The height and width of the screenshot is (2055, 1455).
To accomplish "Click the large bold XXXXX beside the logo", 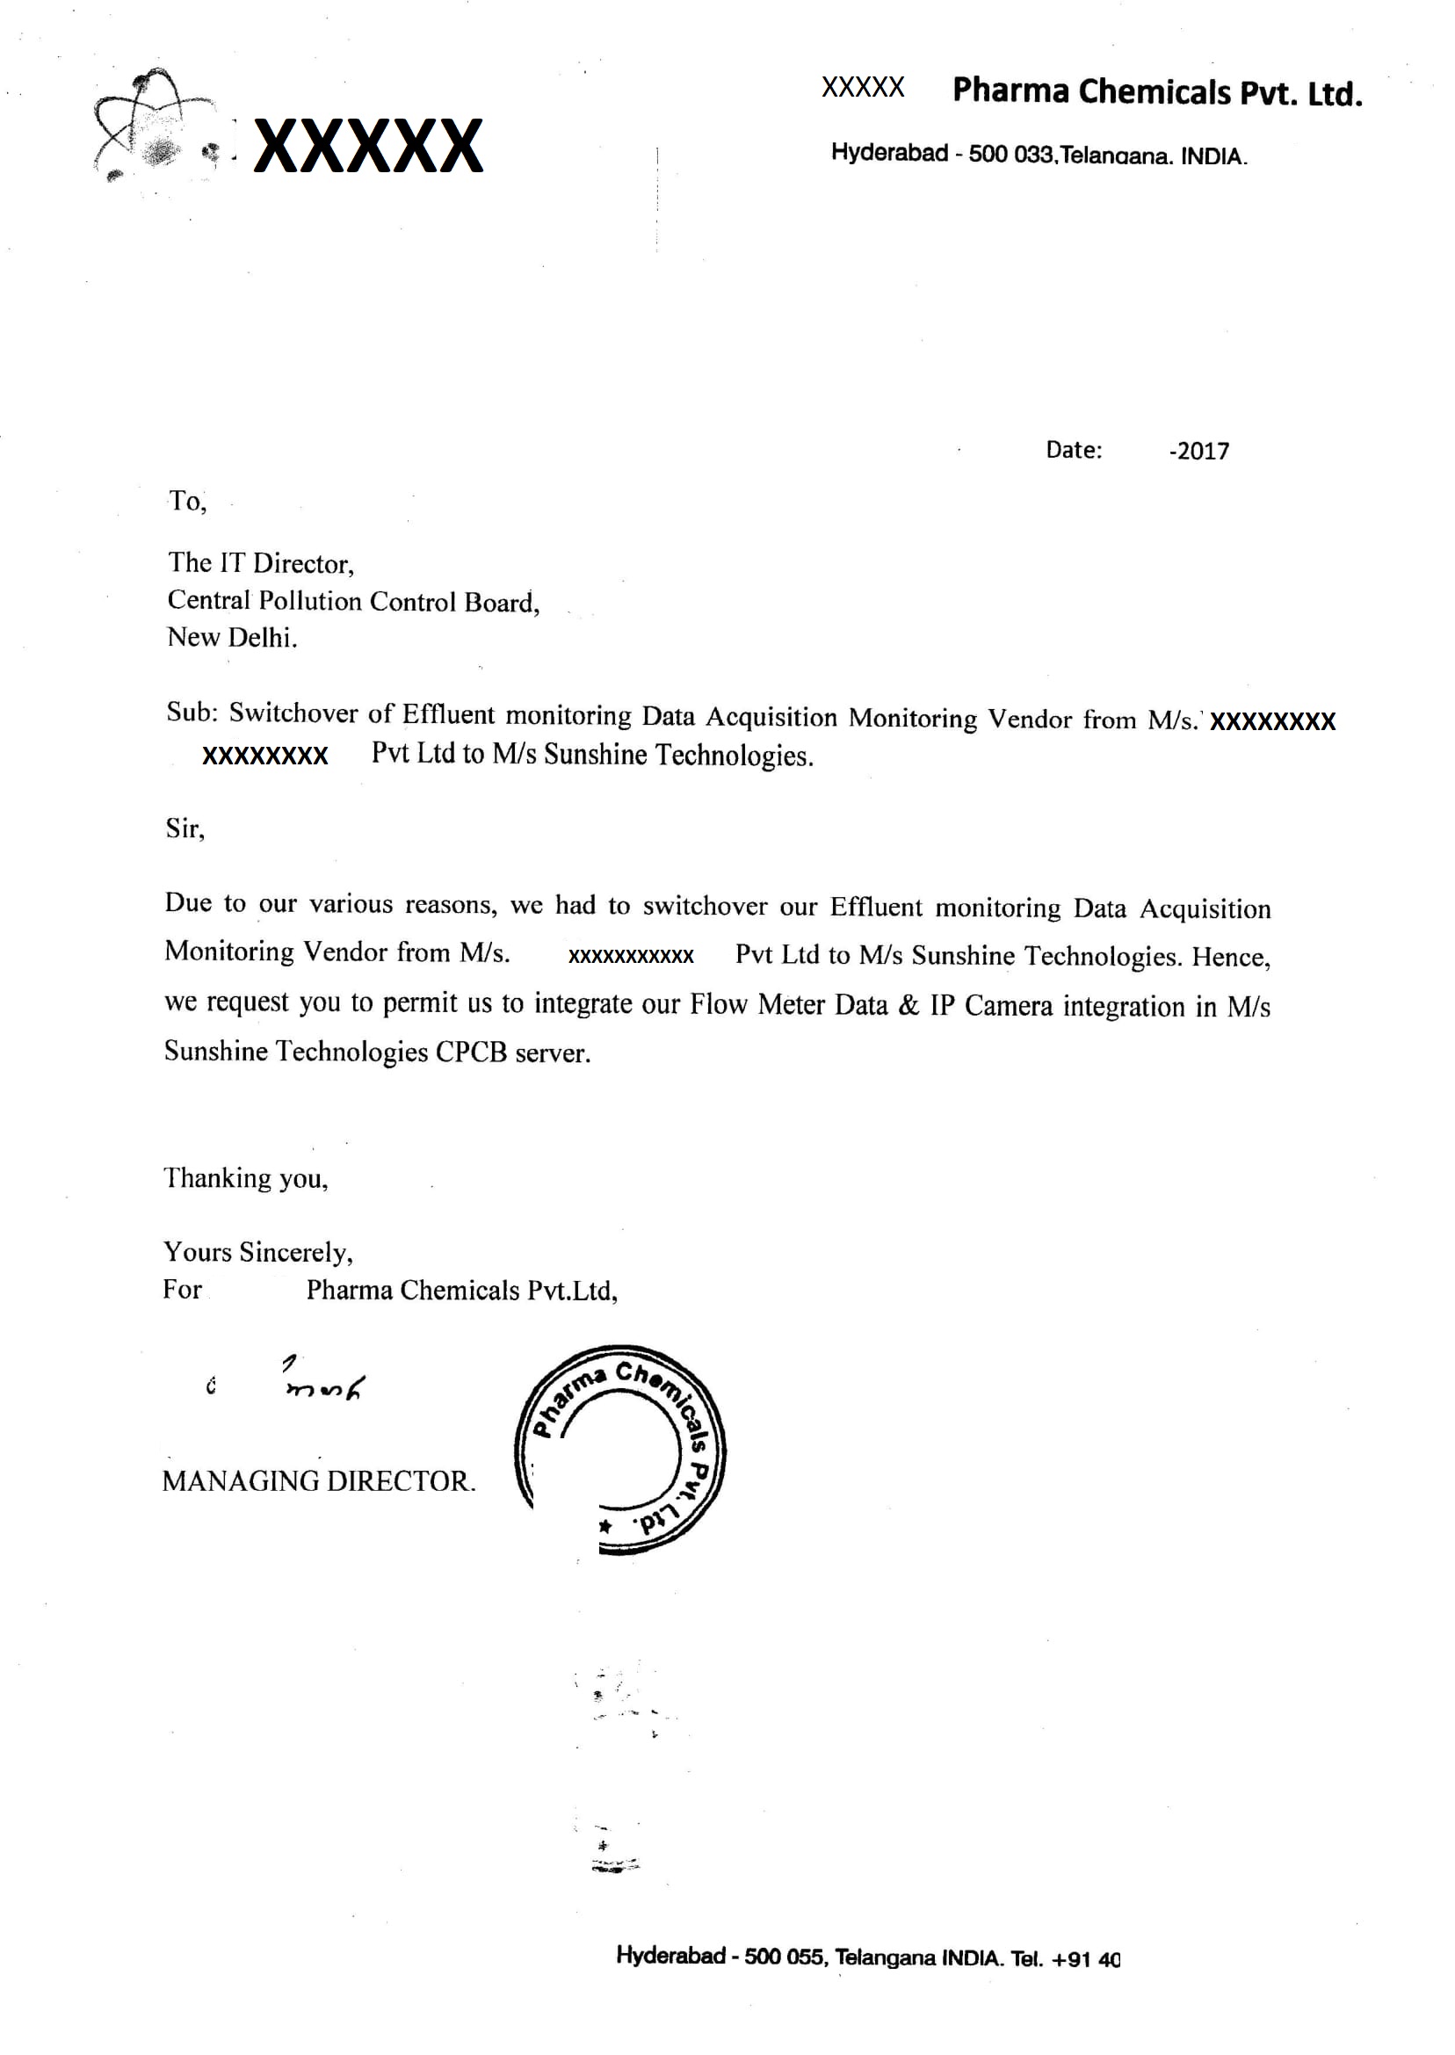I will point(368,146).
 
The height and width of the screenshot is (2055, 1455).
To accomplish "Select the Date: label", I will point(1074,450).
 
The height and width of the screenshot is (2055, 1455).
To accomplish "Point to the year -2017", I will point(1198,451).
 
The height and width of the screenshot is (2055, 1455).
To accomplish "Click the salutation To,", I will point(187,501).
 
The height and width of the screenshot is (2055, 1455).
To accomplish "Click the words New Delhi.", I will point(231,638).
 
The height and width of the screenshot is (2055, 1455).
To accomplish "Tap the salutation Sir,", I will point(185,829).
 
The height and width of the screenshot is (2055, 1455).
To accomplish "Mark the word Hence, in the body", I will point(1230,957).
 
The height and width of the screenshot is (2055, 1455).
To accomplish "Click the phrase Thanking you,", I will point(245,1178).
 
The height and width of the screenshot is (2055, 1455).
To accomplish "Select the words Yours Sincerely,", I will point(258,1251).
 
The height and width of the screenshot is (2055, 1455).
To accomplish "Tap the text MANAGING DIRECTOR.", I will point(318,1480).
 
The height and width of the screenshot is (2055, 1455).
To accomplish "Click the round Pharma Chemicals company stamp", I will point(620,1449).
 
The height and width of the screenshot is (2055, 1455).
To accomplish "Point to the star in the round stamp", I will point(605,1525).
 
